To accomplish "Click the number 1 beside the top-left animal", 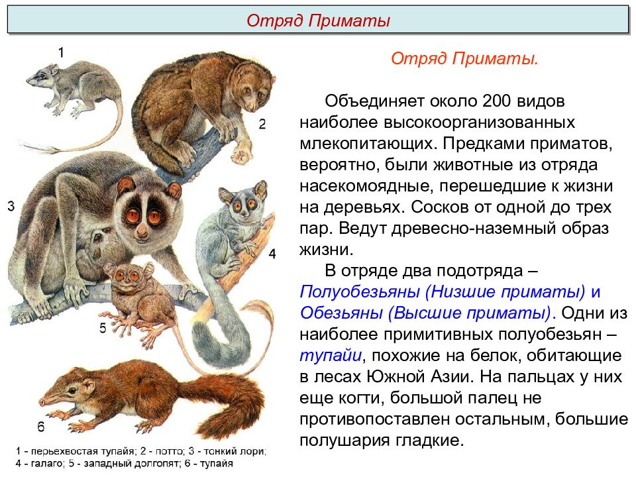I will point(60,52).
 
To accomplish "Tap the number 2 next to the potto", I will point(262,124).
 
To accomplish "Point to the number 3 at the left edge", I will point(11,207).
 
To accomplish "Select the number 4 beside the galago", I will point(272,254).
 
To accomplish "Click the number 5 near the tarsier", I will point(103,328).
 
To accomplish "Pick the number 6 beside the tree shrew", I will point(40,427).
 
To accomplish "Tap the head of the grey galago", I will point(237,202).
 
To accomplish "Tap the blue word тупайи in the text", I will point(330,354).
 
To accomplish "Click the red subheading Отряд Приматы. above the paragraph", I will point(464,59).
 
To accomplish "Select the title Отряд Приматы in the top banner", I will point(318,21).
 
